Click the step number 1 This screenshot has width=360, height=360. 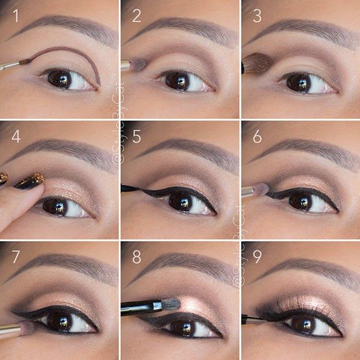pyautogui.click(x=16, y=16)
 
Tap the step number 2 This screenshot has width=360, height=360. pyautogui.click(x=137, y=16)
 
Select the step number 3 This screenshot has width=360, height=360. pyautogui.click(x=257, y=16)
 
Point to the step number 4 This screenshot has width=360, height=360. pyautogui.click(x=16, y=136)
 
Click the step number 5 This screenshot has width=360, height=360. pyautogui.click(x=137, y=136)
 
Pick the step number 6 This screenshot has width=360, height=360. pyautogui.click(x=257, y=136)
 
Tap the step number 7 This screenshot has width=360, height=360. pyautogui.click(x=16, y=257)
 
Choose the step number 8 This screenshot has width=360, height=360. pyautogui.click(x=137, y=257)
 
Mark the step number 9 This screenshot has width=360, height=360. pyautogui.click(x=257, y=257)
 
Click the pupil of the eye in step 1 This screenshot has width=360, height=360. pyautogui.click(x=59, y=79)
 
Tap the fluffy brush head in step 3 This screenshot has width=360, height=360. pyautogui.click(x=257, y=63)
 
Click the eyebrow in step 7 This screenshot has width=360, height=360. pyautogui.click(x=66, y=263)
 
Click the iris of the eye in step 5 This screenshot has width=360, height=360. pyautogui.click(x=179, y=202)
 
